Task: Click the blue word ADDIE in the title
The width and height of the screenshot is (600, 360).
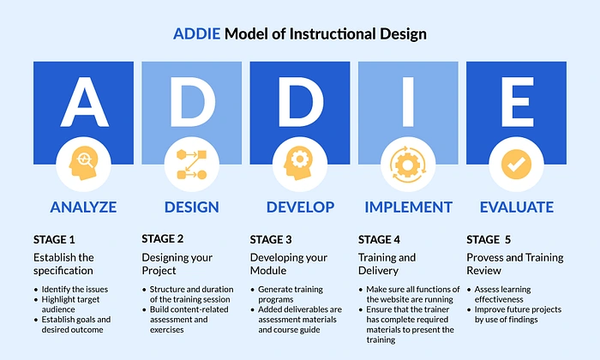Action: [x=196, y=34]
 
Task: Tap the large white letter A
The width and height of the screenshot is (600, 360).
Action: [x=85, y=102]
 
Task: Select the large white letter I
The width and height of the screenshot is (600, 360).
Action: [x=408, y=102]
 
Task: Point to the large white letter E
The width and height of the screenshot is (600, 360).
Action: [x=518, y=102]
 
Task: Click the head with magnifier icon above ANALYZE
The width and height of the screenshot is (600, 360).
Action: [x=83, y=163]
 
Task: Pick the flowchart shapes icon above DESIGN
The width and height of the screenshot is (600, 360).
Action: [x=192, y=165]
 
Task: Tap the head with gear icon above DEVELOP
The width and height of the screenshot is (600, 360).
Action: [x=298, y=163]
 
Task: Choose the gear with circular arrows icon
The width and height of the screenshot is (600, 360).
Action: [x=407, y=165]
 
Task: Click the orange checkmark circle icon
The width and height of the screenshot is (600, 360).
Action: [x=516, y=165]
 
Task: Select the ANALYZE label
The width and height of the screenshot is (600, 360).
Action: [x=83, y=207]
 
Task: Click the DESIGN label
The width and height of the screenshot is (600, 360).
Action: [x=192, y=207]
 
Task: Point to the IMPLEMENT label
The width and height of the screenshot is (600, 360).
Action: [x=408, y=207]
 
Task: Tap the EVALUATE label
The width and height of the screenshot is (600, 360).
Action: [x=517, y=207]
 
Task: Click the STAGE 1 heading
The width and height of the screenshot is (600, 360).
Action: [x=54, y=240]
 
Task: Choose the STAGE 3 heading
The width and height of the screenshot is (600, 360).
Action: [x=271, y=240]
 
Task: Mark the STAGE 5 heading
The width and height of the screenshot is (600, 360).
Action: [x=489, y=240]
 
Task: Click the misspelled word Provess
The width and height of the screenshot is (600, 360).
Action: [x=483, y=257]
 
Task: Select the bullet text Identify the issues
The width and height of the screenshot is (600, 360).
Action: [x=75, y=289]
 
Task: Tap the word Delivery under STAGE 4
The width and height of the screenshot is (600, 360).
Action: [x=378, y=271]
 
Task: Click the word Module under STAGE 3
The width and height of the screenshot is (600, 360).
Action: [x=268, y=271]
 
